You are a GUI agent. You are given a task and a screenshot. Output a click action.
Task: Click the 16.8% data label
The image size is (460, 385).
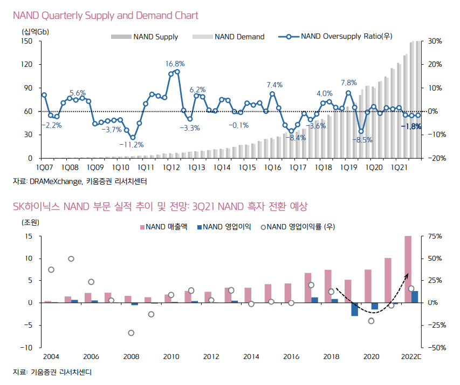[x=175, y=64]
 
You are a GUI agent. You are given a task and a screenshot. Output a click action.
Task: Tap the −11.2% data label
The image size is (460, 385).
[x=132, y=145]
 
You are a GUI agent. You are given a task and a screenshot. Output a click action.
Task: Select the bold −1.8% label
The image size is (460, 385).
[x=411, y=126]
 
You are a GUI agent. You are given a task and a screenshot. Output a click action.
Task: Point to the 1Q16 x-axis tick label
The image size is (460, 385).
[x=273, y=168]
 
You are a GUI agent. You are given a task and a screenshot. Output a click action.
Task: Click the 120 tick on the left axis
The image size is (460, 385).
[x=28, y=64]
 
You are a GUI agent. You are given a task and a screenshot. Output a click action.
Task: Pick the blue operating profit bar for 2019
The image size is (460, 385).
[x=355, y=309]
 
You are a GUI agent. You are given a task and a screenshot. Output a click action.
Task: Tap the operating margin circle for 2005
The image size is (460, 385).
[x=71, y=259]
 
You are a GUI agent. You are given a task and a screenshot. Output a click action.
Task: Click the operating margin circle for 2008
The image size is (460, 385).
[x=131, y=333]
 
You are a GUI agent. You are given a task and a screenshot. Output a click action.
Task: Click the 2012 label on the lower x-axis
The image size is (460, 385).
[x=211, y=356]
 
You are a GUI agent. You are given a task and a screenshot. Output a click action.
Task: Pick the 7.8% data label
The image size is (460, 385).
[x=349, y=83]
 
